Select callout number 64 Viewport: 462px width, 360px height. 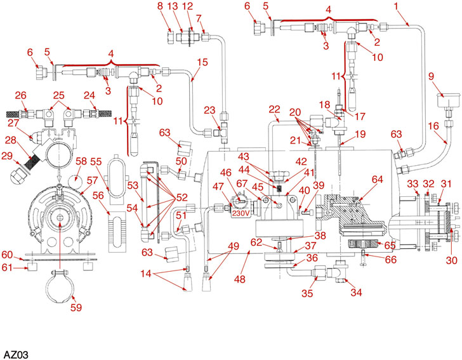coord(378,180)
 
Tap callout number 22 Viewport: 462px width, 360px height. coord(274,110)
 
